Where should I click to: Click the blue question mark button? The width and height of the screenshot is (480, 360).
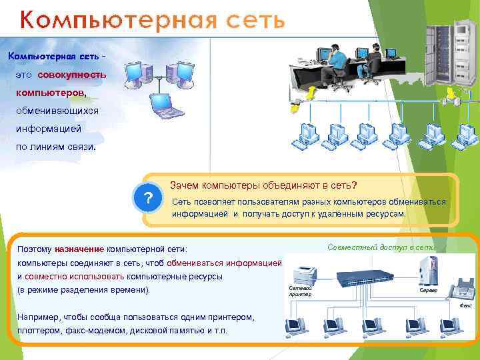(149, 199)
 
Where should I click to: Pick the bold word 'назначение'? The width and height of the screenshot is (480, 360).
(79, 249)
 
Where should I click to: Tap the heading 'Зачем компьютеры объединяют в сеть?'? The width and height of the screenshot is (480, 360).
(263, 185)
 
